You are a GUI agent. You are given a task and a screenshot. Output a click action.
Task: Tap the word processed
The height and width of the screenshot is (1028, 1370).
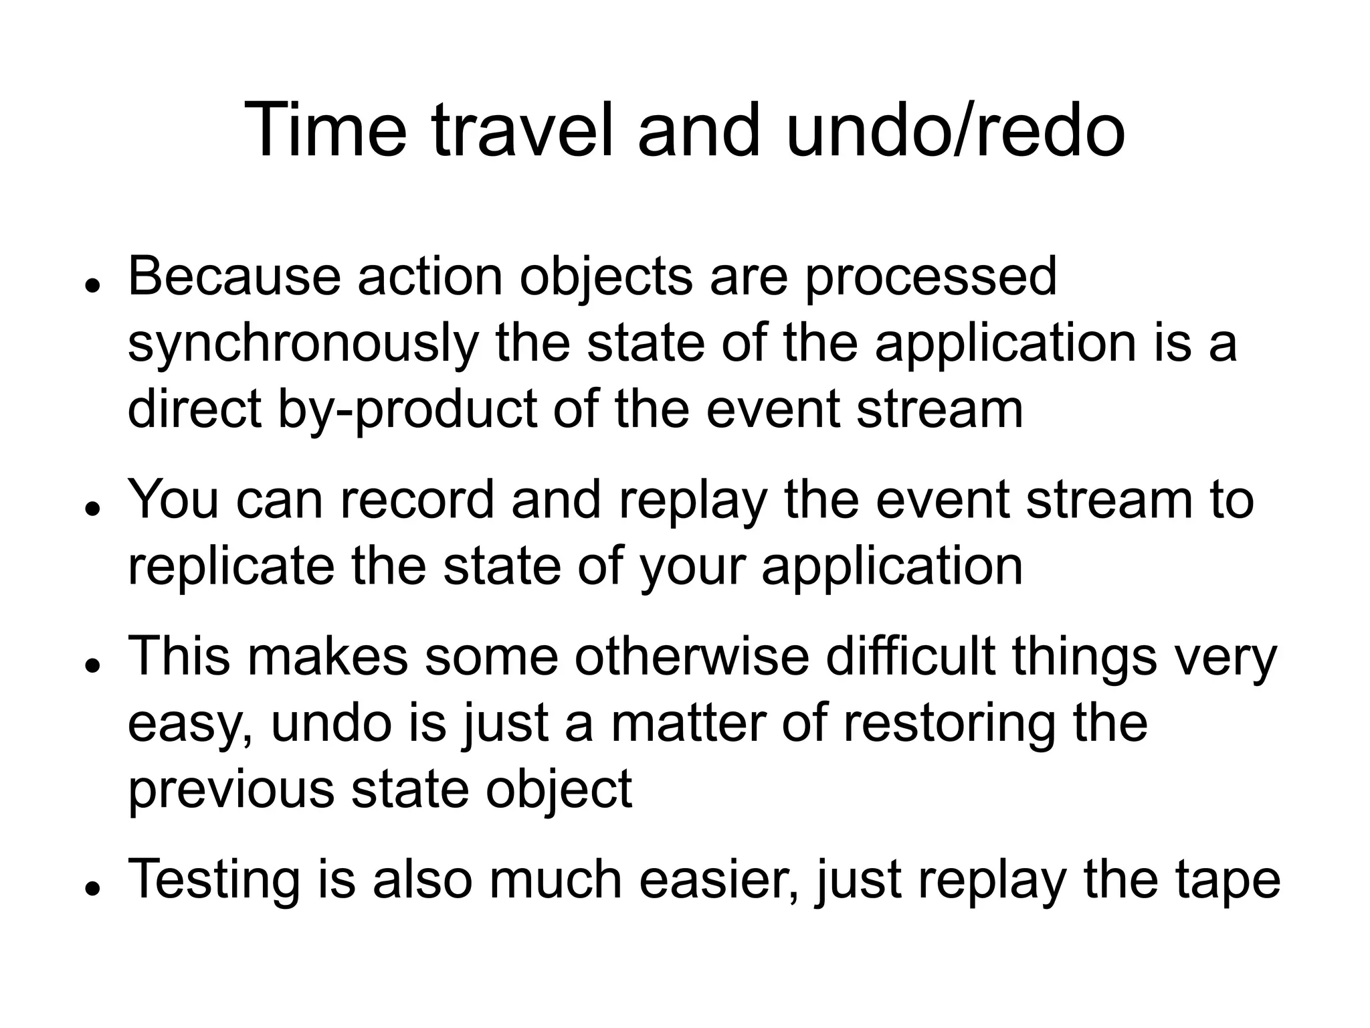pyautogui.click(x=931, y=278)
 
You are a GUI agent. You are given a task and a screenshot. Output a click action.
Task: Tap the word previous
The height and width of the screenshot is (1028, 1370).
pyautogui.click(x=231, y=790)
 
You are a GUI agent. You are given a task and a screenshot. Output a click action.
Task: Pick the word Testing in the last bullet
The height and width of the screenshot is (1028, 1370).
pyautogui.click(x=213, y=881)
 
